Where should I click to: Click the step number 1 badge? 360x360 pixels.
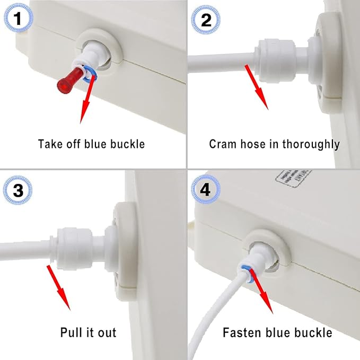pos(18,20)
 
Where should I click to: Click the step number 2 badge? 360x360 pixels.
pos(205,20)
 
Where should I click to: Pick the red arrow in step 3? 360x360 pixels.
pos(59,287)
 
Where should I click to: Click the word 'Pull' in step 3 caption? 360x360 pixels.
pos(71,333)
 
